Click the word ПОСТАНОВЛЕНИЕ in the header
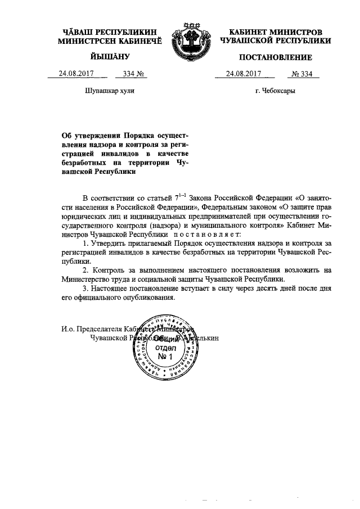pyautogui.click(x=275, y=57)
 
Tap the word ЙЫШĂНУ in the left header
pyautogui.click(x=110, y=56)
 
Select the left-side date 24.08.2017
pyautogui.click(x=78, y=74)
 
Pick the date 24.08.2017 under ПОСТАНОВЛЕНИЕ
pyautogui.click(x=244, y=74)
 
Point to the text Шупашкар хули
pyautogui.click(x=109, y=91)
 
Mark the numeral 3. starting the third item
pyautogui.click(x=85, y=289)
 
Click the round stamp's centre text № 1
pyautogui.click(x=166, y=357)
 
